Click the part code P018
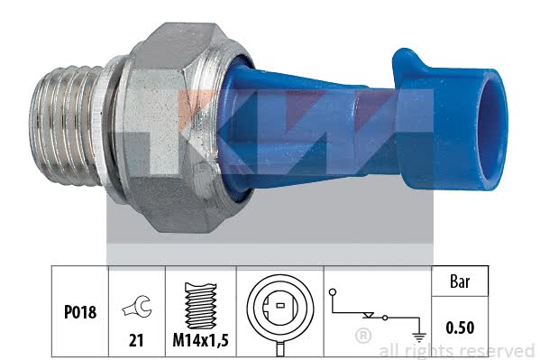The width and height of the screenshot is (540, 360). pos(80,312)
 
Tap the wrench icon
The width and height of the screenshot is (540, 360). pos(137,306)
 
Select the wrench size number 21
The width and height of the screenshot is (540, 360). pos(136,340)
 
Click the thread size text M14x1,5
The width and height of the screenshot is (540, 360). pos(200,340)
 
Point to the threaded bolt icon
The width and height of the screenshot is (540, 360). pos(201,306)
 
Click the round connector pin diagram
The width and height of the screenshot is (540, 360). pos(280,307)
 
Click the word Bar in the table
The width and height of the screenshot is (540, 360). pos(460,282)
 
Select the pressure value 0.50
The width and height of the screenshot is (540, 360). pos(460,328)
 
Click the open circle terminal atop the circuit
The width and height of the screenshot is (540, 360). pos(333,292)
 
